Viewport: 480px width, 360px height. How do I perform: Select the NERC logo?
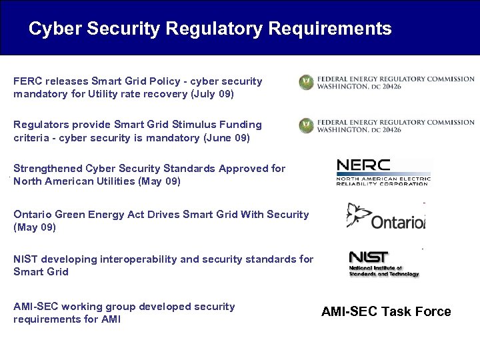383,172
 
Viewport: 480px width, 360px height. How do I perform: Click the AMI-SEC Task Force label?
386,312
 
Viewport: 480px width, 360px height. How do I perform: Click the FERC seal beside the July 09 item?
306,83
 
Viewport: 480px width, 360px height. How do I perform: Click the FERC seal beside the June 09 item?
306,125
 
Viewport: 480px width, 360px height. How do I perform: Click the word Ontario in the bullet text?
32,215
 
